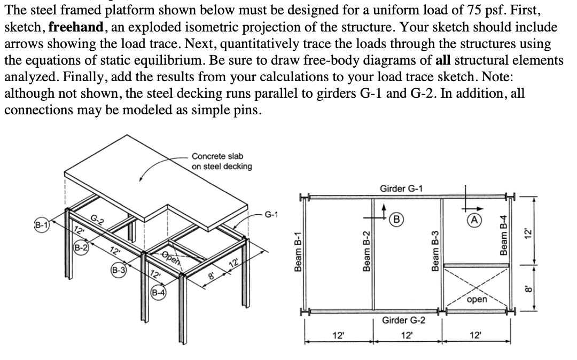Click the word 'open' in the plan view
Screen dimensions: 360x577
tap(477, 300)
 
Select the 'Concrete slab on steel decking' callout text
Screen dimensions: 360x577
tap(221, 161)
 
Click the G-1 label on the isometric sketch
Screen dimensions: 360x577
tap(272, 216)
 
